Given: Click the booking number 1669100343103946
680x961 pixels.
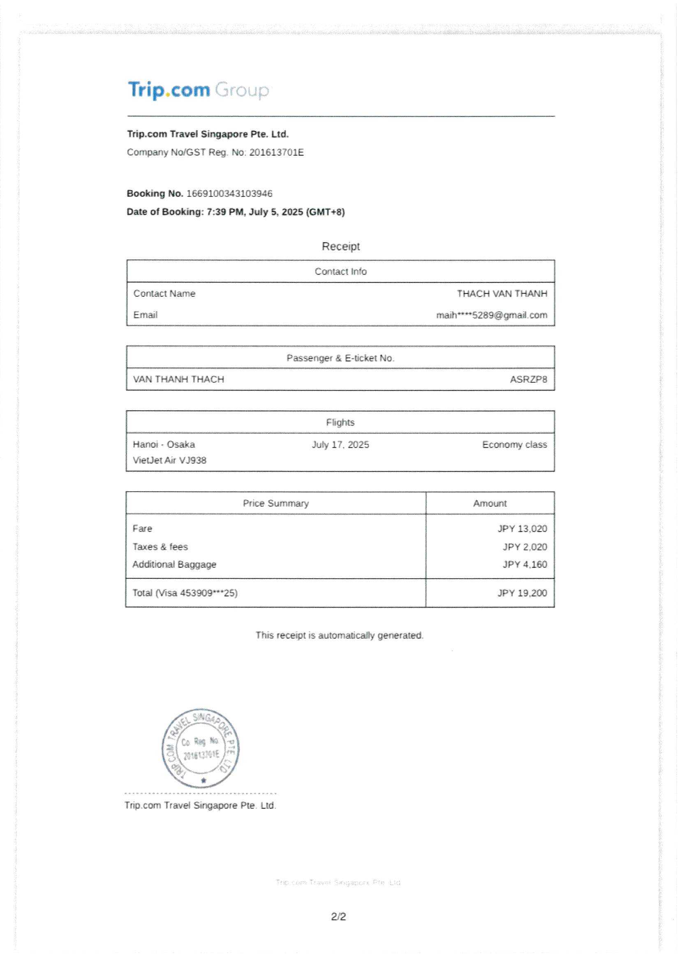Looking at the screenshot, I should click(x=229, y=193).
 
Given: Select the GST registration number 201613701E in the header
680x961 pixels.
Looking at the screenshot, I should click(x=276, y=152).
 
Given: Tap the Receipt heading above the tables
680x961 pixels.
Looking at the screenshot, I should click(x=340, y=246).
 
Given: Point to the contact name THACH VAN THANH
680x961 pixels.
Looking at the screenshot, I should click(x=502, y=293).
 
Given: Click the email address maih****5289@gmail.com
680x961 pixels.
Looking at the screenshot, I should click(x=491, y=315).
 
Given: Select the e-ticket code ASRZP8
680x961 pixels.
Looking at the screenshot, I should click(x=528, y=379).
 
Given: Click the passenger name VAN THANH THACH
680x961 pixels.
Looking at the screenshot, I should click(x=178, y=379).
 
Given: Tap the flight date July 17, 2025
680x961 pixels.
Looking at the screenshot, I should click(x=340, y=444).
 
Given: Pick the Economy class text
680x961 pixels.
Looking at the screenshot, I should click(x=514, y=444).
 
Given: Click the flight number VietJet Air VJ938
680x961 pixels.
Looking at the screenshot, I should click(x=169, y=460).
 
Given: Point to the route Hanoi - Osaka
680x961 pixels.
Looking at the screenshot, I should click(x=164, y=444).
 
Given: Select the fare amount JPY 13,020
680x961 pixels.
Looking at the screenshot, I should click(x=522, y=529).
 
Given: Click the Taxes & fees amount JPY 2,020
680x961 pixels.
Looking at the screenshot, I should click(x=525, y=547).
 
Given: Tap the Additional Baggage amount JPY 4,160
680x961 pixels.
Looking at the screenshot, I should click(x=525, y=564).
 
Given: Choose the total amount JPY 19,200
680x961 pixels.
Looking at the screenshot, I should click(x=522, y=593).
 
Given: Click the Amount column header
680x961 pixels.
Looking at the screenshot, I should click(x=490, y=503).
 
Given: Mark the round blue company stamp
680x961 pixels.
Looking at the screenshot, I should click(x=201, y=748).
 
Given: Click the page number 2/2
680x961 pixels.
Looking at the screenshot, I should click(x=338, y=917).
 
